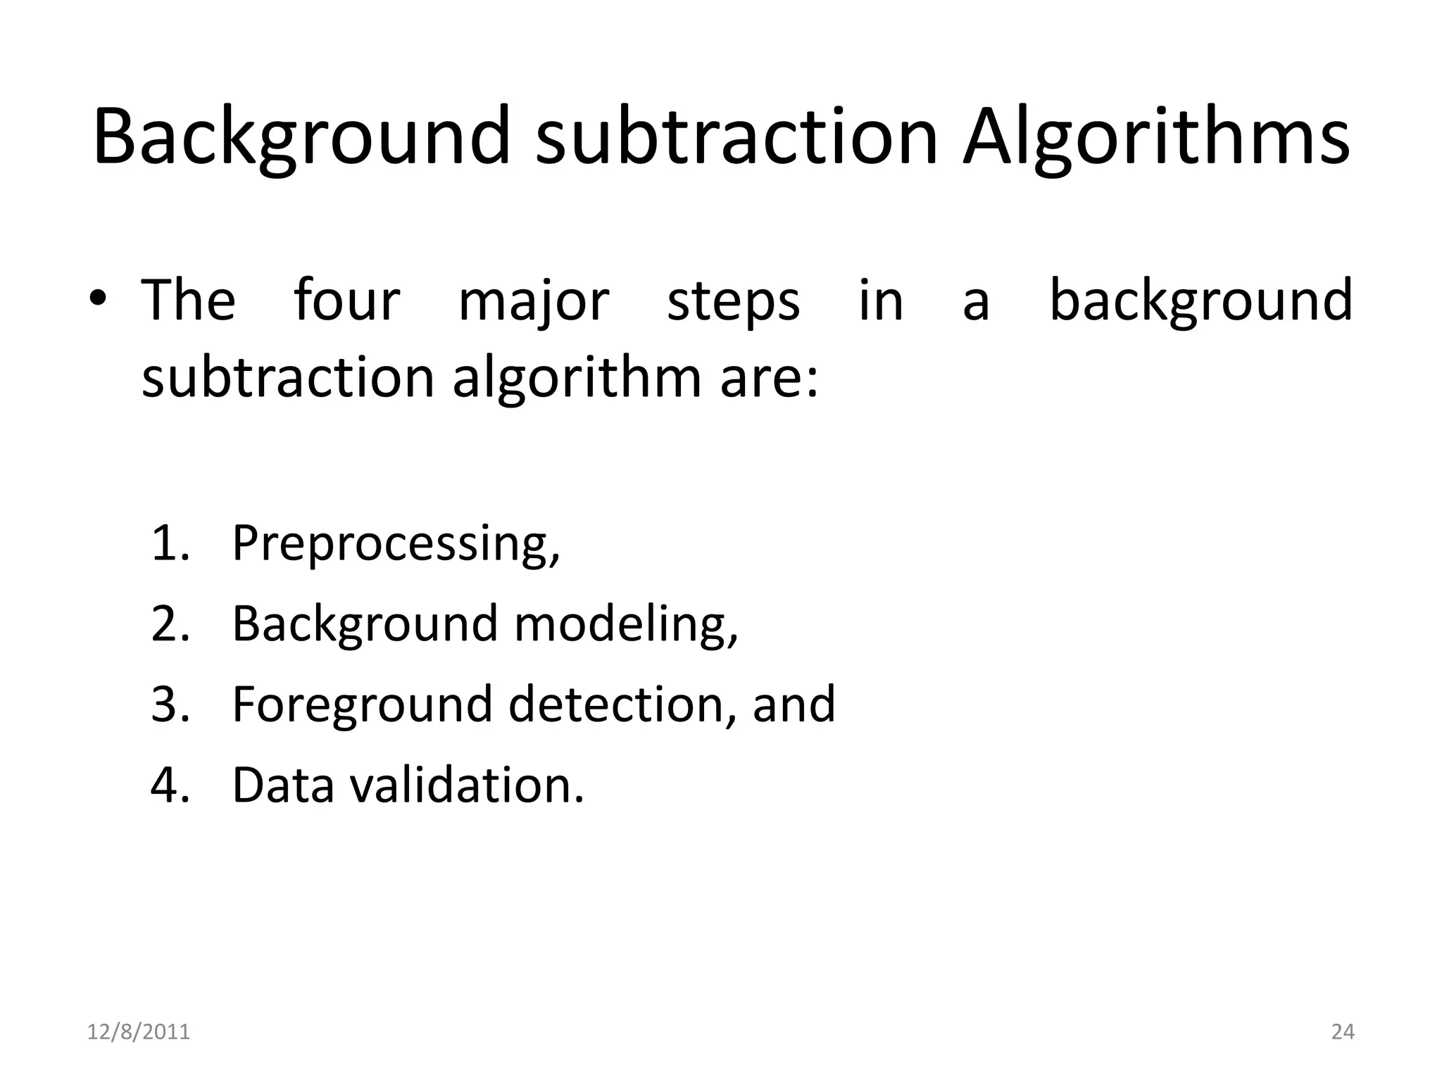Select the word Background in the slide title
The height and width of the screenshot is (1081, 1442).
301,137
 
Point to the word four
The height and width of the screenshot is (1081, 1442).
346,301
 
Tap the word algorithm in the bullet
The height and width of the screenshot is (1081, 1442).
577,379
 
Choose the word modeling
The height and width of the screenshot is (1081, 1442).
626,626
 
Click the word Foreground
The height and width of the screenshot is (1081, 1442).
362,706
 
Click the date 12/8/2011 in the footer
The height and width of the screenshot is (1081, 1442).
139,1032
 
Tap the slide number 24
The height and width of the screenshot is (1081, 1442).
1343,1032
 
